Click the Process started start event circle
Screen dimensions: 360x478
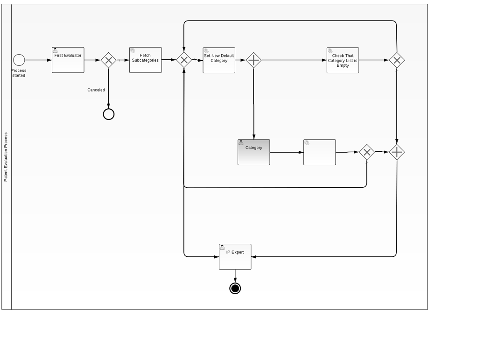(19, 60)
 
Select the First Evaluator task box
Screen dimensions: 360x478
(68, 60)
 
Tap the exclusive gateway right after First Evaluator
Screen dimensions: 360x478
(108, 60)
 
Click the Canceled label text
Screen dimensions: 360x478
(96, 90)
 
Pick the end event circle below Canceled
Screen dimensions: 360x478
(108, 114)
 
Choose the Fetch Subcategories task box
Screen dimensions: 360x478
(145, 60)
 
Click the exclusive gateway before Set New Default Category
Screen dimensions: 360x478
(184, 60)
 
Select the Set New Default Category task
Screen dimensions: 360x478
(219, 60)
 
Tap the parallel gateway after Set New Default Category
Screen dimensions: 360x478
(253, 60)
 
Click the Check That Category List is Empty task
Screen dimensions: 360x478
(343, 60)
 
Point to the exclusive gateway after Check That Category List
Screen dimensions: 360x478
(397, 60)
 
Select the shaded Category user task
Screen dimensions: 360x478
(253, 152)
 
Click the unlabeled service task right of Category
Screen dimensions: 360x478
(319, 152)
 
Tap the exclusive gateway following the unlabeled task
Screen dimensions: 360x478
(367, 152)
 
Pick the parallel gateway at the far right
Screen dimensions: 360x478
(397, 152)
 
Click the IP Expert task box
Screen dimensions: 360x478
(235, 257)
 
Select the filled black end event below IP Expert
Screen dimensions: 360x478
(235, 289)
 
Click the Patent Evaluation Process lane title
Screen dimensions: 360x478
(6, 157)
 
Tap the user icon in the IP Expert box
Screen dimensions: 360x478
(222, 247)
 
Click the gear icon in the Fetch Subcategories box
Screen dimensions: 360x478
(133, 51)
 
